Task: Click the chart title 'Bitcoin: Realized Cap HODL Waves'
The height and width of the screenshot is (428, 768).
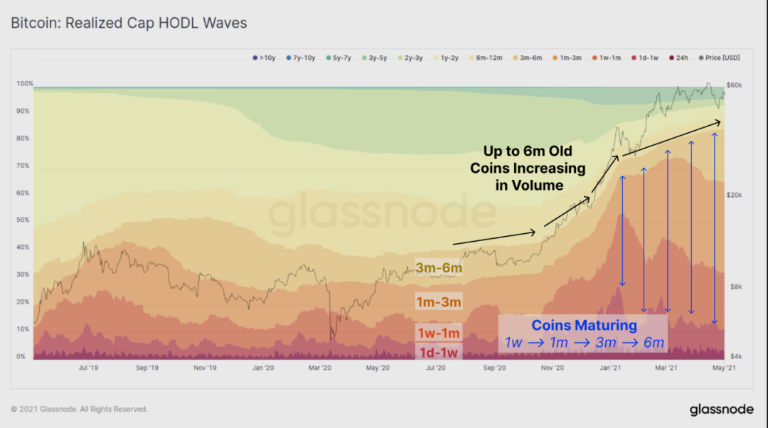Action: click(x=129, y=23)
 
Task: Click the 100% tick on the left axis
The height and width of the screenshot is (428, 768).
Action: click(x=24, y=84)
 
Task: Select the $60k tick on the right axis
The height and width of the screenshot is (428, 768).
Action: click(x=735, y=85)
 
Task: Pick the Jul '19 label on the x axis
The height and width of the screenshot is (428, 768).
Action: click(x=88, y=368)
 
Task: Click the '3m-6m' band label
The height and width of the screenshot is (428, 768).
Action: click(x=439, y=268)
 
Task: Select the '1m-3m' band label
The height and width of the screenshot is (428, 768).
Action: click(x=438, y=302)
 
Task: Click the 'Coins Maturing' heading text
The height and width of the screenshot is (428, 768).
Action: click(x=584, y=326)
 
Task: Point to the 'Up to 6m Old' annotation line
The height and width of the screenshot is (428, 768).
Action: click(x=528, y=151)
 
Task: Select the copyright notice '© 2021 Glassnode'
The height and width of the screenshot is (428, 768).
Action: click(x=79, y=410)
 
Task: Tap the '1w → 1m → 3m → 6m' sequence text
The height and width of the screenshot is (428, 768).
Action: click(x=584, y=343)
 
